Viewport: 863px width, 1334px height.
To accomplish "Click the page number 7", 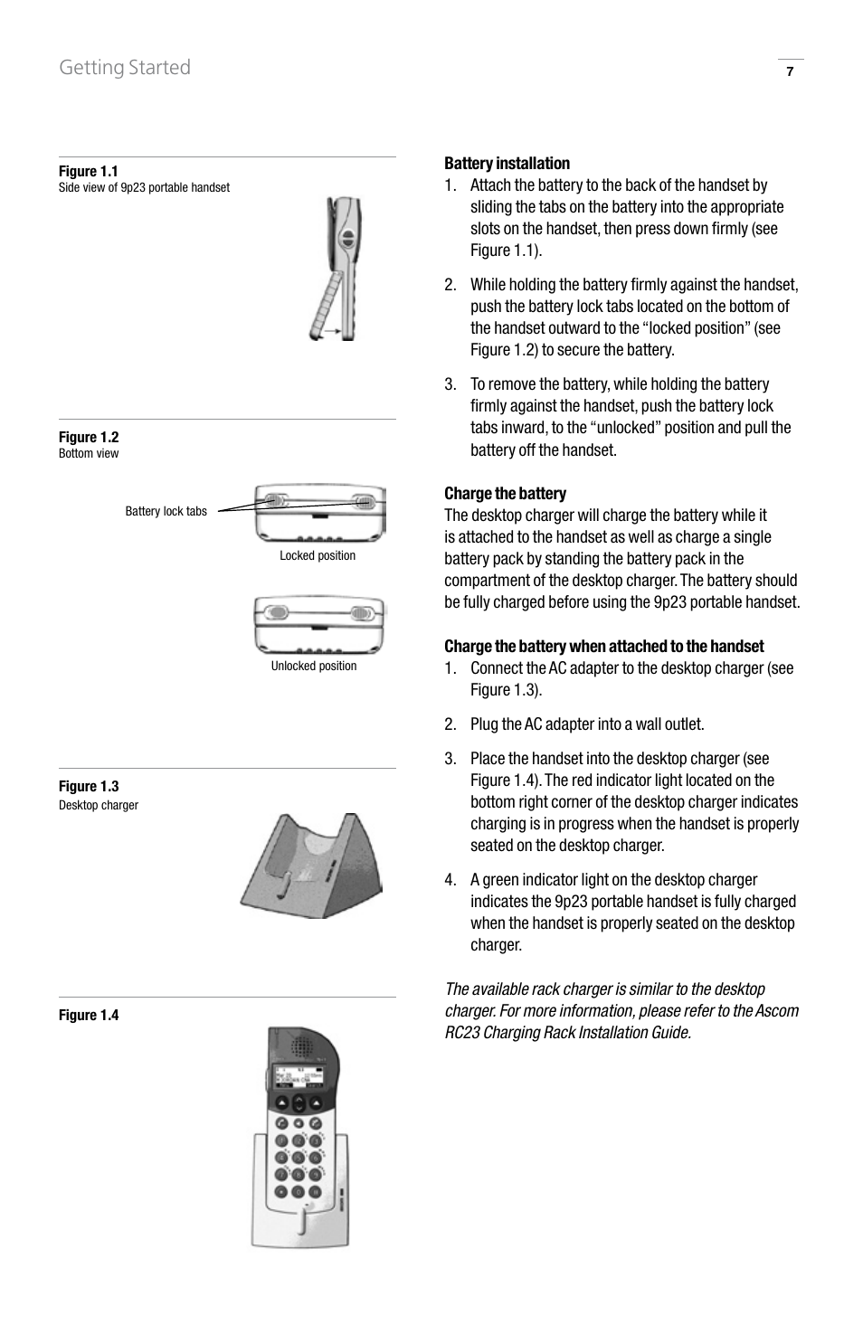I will (x=790, y=72).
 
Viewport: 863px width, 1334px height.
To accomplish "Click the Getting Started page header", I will (x=125, y=68).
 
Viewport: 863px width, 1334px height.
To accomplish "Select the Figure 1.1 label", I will (x=89, y=171).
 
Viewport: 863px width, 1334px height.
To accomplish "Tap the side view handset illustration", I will (x=336, y=269).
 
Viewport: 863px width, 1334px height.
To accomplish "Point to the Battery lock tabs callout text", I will (x=166, y=511).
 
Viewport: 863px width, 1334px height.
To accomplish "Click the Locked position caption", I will (x=318, y=555).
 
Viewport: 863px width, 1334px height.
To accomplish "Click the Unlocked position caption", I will (x=314, y=666).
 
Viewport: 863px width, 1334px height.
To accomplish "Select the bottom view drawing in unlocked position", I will (x=319, y=625).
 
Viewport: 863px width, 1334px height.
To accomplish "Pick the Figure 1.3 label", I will (x=89, y=786).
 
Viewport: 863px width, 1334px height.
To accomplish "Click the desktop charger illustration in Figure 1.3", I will (x=312, y=865).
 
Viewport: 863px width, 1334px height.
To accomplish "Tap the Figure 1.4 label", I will (x=89, y=1015).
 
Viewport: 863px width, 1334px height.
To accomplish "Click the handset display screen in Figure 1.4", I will (x=299, y=1077).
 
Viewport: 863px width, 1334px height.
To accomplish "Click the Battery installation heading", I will (x=507, y=164).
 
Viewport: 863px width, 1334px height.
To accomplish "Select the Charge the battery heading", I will (x=505, y=494).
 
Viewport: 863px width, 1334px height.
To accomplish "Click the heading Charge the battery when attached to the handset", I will (x=603, y=647).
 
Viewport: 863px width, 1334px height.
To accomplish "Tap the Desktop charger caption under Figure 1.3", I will (x=99, y=805).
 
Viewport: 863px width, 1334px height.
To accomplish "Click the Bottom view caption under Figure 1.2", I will (x=89, y=453).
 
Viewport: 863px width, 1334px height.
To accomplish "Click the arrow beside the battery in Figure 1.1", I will (x=332, y=332).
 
